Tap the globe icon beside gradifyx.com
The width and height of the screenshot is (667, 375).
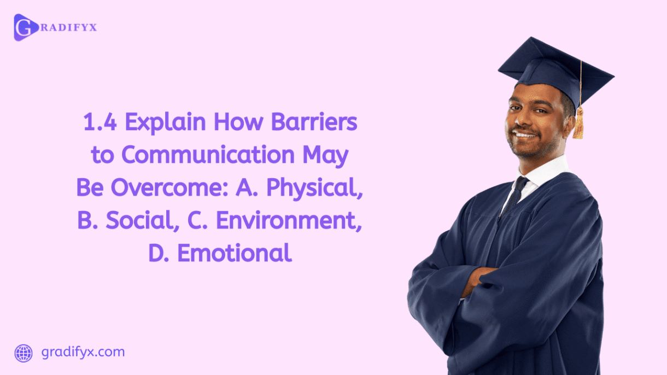(24, 353)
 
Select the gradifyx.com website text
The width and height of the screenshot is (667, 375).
(83, 352)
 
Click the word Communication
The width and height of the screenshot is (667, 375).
(209, 155)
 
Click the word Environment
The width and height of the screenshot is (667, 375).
(289, 221)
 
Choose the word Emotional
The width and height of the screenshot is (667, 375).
(234, 254)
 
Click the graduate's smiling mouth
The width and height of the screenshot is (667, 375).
(525, 134)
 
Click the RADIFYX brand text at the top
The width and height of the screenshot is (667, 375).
(67, 27)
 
